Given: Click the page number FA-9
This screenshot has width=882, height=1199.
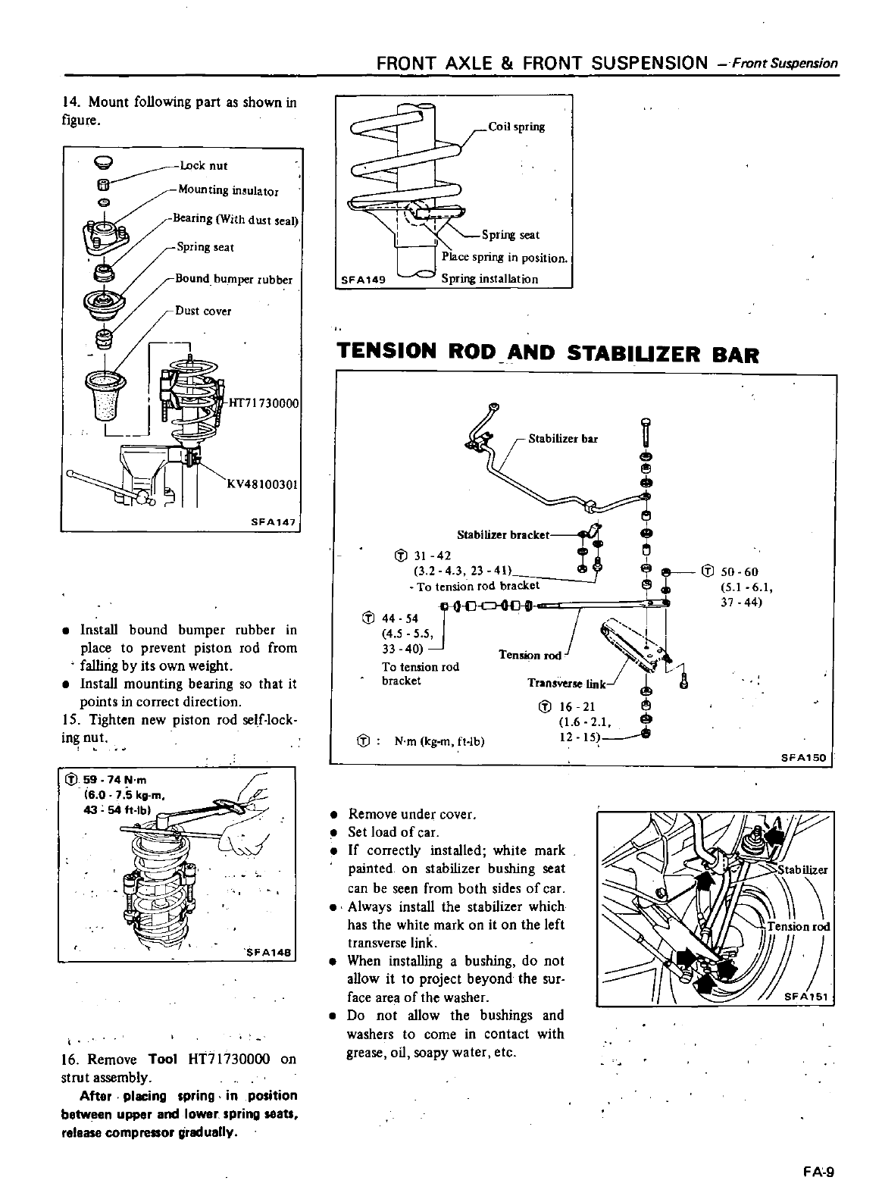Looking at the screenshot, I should coord(818,1172).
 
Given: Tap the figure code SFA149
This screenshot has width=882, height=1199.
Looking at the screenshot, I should coord(364,279).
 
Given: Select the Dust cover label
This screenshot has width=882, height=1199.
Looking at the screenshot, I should coord(203,311).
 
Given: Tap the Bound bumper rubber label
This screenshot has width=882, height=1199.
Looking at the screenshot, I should coord(233,278).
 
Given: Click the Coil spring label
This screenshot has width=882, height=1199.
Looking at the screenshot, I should coord(516,127).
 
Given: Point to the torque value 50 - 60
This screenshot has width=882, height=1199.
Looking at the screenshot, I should coord(740,572).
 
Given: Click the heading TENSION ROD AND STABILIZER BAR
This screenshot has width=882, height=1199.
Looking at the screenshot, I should coord(547,353).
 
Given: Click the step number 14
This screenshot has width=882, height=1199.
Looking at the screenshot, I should coord(73,102).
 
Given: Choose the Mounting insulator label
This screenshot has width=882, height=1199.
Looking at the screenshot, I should coord(227,190).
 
